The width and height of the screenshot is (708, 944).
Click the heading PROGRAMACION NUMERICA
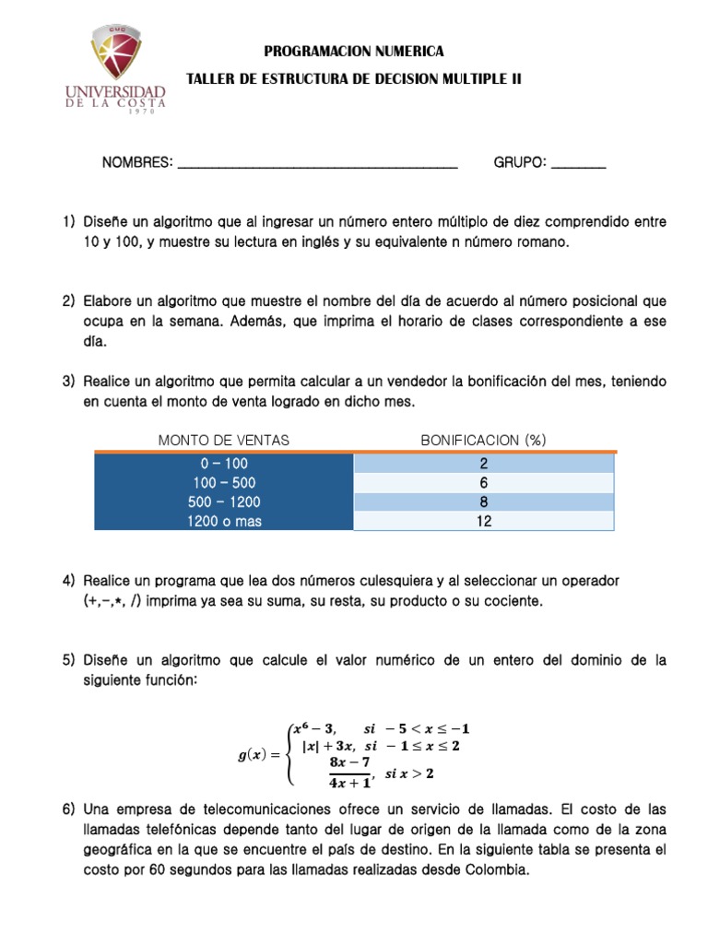tap(353, 51)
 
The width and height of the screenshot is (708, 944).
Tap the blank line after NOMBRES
tap(316, 164)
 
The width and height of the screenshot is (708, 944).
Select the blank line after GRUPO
tap(580, 164)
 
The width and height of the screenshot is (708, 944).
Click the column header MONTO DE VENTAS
tap(224, 440)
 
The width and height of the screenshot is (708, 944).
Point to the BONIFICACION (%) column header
tap(483, 440)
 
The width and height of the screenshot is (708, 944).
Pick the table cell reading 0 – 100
tap(224, 463)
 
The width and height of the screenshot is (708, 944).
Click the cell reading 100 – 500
tap(224, 482)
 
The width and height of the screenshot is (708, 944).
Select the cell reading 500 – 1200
tap(224, 501)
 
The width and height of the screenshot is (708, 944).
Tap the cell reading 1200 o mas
tap(224, 521)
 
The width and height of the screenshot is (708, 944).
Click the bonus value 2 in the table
tap(483, 463)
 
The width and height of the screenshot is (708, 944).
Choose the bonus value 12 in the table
tap(483, 521)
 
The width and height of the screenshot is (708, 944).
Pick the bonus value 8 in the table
tap(483, 501)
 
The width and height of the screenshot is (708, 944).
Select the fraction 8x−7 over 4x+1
tap(348, 773)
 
